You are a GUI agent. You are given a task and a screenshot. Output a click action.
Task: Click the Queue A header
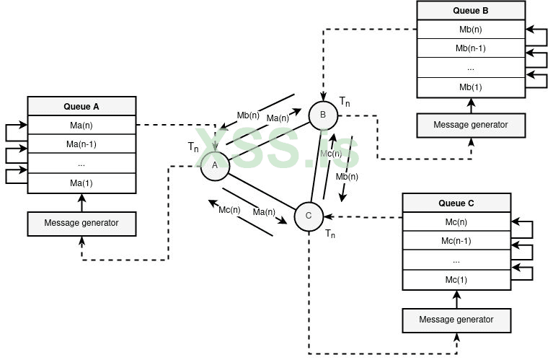coord(81,106)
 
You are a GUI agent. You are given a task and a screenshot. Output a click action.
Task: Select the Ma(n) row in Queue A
coord(81,125)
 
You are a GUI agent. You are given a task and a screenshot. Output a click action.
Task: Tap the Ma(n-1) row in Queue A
coord(81,144)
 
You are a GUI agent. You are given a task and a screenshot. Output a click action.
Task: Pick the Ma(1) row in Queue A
coord(81,183)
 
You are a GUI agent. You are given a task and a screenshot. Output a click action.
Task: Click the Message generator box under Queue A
coord(81,223)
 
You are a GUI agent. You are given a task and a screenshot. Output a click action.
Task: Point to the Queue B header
coord(471,11)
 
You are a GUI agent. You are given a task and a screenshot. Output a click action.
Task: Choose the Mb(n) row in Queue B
coord(471,30)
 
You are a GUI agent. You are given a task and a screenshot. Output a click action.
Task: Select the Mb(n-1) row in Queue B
coord(471,48)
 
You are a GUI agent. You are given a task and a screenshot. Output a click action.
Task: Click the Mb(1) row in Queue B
coord(471,87)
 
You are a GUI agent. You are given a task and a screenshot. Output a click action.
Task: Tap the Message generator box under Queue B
coord(471,125)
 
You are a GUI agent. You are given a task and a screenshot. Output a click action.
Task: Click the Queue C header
coord(456,203)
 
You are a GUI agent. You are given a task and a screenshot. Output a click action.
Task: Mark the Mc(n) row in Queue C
coord(456,222)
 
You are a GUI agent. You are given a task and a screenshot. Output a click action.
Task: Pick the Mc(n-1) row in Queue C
coord(456,241)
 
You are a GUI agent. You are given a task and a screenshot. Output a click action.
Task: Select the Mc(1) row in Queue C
coord(456,280)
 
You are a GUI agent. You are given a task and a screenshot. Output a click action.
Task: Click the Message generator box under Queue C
coord(456,319)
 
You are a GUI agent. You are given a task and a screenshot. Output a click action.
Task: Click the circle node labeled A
coord(214,165)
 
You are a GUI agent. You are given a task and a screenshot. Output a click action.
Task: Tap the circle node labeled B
coord(323,115)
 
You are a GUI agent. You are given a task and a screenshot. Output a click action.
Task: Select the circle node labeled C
coord(309,216)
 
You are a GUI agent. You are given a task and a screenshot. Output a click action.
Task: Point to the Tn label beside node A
coord(193,147)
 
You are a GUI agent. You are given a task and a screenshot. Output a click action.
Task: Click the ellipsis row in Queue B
coord(471,68)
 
